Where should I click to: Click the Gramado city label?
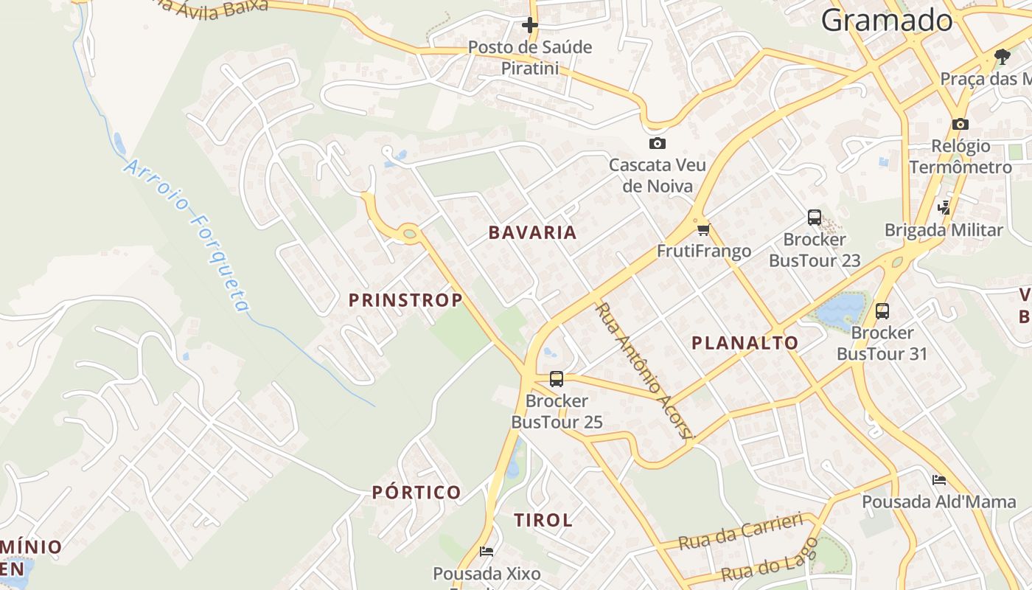pos(887,20)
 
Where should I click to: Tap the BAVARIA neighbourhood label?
pos(532,232)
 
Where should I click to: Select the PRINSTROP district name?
pos(405,300)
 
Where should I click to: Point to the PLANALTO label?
pos(745,342)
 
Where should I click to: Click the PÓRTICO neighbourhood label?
pos(416,492)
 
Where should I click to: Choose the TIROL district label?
pos(543,520)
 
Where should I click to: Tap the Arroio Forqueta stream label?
pos(187,235)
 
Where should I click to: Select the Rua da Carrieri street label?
pos(740,532)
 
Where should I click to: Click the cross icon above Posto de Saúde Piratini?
pos(529,25)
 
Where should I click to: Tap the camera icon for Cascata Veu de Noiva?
pos(657,143)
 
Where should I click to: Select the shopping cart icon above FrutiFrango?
pos(703,229)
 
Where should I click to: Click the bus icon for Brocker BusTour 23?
pos(814,218)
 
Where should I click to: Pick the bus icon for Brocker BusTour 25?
pos(557,379)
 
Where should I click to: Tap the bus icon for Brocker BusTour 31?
pos(882,311)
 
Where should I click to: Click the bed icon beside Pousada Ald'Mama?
pos(938,480)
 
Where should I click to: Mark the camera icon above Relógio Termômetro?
pos(960,124)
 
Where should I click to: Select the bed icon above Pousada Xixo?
pos(486,551)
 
